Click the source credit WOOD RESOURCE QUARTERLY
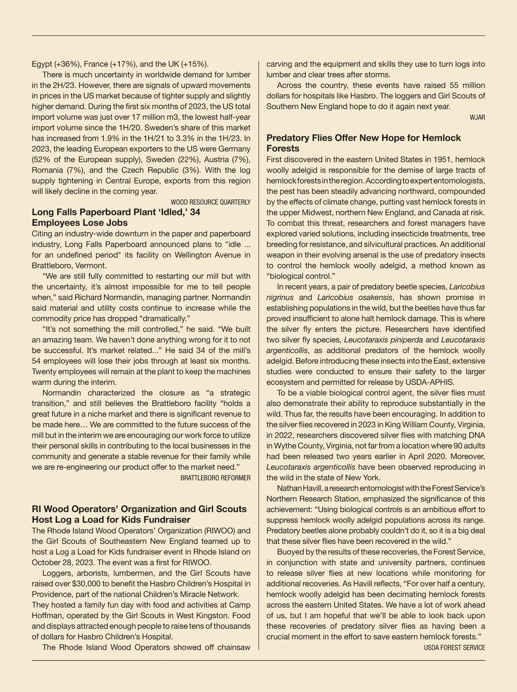tap(210, 202)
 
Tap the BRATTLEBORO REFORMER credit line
tap(215, 478)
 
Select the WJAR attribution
tap(477, 117)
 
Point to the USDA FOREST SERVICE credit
tap(454, 648)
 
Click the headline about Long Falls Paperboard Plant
tap(116, 217)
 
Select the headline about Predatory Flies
tap(363, 143)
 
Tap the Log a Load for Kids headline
tap(139, 514)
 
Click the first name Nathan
tap(288, 488)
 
